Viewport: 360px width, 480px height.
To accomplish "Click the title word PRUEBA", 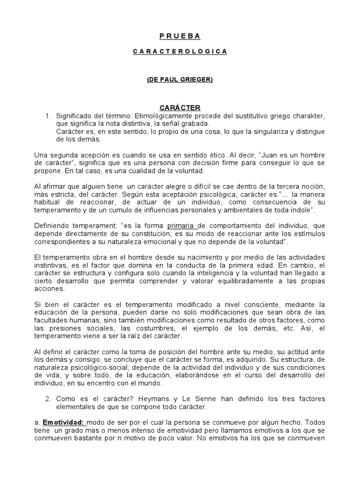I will pyautogui.click(x=180, y=36).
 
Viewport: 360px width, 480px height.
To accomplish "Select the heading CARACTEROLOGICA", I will pyautogui.click(x=180, y=52).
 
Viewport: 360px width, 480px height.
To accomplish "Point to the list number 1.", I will pyautogui.click(x=47, y=116).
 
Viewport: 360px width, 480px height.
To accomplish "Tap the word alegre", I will pyautogui.click(x=164, y=187).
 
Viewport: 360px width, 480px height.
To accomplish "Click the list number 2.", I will pyautogui.click(x=47, y=399).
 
